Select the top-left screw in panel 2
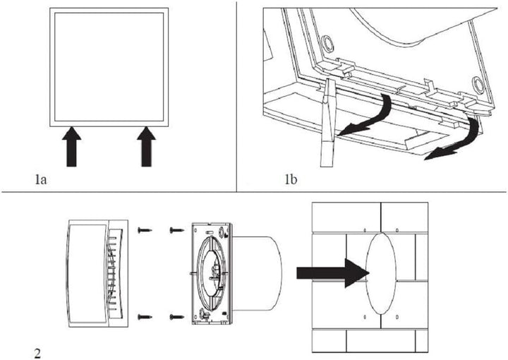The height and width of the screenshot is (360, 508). pos(144,230)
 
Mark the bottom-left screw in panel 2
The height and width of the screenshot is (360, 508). pos(144,316)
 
